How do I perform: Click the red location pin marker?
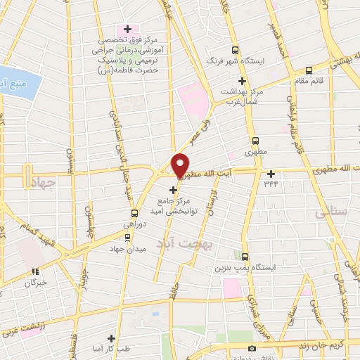point(180,165)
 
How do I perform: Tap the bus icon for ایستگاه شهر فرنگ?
point(235,49)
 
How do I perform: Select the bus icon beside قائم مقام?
point(309,70)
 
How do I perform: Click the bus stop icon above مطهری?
point(255,140)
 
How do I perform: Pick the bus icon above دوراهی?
point(134,213)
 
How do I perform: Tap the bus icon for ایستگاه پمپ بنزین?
point(245,257)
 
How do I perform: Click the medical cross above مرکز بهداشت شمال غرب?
point(242,81)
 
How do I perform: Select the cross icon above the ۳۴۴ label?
point(271,173)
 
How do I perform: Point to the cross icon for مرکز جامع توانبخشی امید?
point(173,189)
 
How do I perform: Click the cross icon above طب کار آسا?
point(110,338)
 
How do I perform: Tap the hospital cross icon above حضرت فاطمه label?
point(127,30)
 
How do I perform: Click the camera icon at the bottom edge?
point(252,349)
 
